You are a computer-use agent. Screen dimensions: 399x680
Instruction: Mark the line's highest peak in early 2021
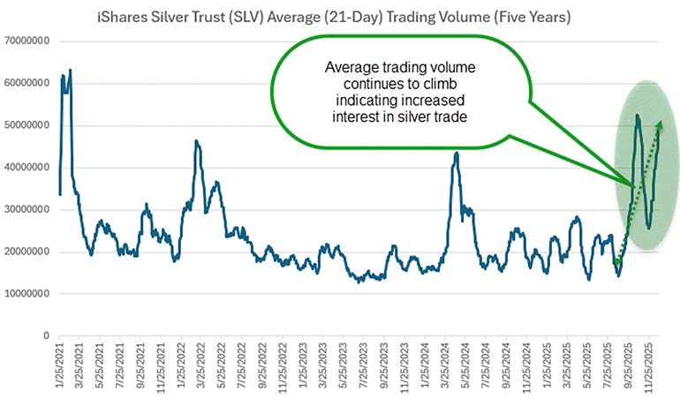click(x=70, y=70)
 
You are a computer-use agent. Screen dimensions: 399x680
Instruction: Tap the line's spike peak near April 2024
click(x=456, y=153)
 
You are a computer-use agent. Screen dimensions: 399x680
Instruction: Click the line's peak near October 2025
click(x=637, y=115)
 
